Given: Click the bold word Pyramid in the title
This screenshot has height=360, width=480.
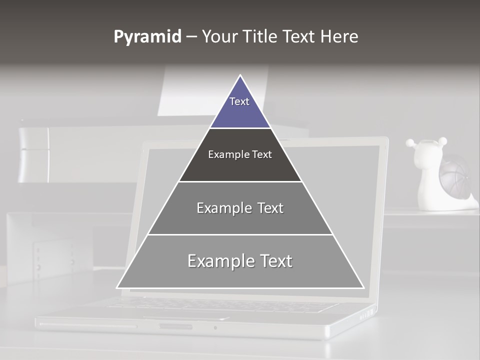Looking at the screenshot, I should pyautogui.click(x=147, y=37).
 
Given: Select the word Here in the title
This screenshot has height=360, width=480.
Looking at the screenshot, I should pyautogui.click(x=339, y=37).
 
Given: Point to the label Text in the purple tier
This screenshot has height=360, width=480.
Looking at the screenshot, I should pyautogui.click(x=239, y=101).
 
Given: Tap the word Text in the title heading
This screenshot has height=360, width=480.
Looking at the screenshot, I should pyautogui.click(x=299, y=37).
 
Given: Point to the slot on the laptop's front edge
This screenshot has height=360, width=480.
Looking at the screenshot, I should pyautogui.click(x=175, y=326).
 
